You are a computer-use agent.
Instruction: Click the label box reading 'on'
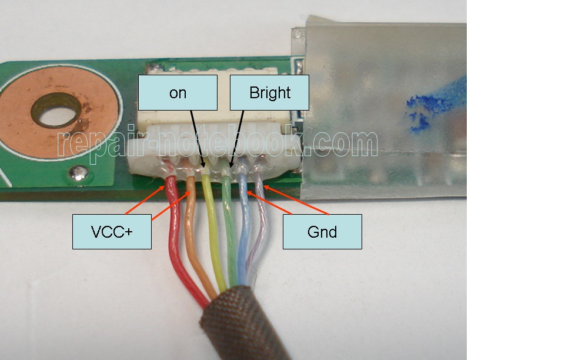(178, 92)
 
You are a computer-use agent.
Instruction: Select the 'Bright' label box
(269, 92)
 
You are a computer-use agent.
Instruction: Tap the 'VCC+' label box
(112, 232)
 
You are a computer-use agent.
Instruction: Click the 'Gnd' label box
(322, 232)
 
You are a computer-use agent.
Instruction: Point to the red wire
(176, 245)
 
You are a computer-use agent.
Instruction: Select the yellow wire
(213, 231)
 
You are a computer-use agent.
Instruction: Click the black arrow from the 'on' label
(198, 139)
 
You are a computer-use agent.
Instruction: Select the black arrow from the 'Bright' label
(237, 139)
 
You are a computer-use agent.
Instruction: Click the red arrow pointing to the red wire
(145, 200)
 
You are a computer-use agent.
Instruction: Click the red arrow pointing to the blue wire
(269, 204)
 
